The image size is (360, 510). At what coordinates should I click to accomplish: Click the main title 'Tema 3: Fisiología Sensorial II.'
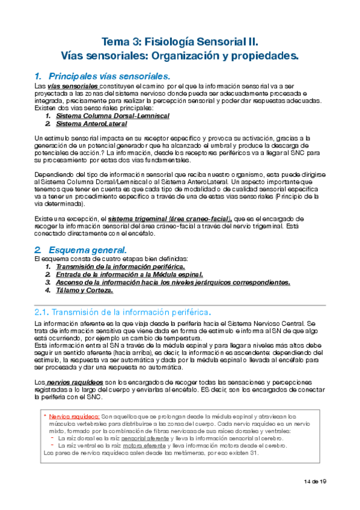click(180, 42)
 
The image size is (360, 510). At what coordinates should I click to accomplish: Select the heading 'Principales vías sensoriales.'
click(109, 76)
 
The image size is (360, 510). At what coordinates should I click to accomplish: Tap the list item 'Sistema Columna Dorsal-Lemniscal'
click(112, 115)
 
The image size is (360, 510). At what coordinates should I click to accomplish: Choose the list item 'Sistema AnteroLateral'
click(91, 123)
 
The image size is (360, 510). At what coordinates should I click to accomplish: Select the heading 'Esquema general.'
click(87, 233)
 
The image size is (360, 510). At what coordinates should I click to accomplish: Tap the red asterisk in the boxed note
click(44, 416)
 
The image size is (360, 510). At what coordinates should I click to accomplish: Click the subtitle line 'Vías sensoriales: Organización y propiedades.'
click(180, 56)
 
